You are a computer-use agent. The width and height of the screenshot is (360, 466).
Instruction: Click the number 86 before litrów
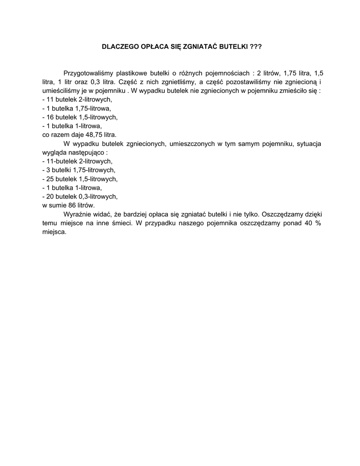pos(66,205)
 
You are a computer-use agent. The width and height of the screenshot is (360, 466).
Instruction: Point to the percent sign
pos(319,223)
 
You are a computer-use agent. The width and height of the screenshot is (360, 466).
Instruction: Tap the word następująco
pos(86,152)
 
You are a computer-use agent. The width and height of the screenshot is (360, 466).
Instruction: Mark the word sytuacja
pos(309,144)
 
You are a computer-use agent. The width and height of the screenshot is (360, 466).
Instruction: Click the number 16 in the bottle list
pos(50,117)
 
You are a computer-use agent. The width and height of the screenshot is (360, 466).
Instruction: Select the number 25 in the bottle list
pos(50,179)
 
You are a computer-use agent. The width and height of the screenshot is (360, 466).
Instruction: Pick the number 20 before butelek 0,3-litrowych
pos(50,197)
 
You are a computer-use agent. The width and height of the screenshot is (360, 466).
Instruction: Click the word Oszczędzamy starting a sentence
pos(282,214)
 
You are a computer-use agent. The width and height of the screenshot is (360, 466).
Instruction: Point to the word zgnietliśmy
pos(172,82)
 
